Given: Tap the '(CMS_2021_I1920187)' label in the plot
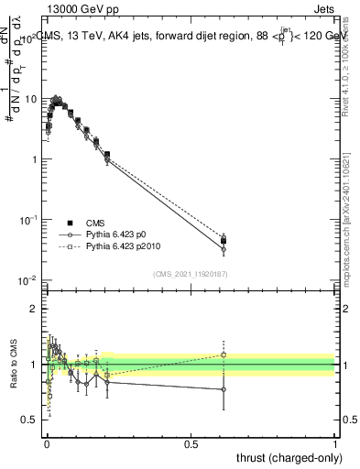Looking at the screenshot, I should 190,273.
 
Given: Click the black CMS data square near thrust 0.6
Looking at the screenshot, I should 224,241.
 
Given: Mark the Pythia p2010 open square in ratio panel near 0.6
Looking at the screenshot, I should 224,354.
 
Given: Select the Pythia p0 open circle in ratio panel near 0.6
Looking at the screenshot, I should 224,389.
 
